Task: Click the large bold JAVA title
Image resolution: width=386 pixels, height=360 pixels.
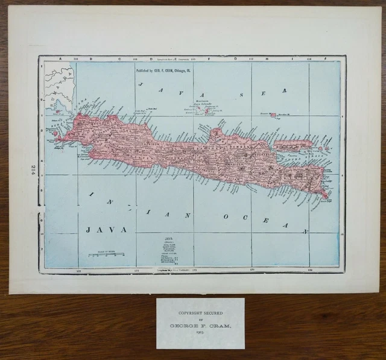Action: click(x=106, y=230)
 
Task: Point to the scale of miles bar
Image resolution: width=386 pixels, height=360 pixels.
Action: click(x=106, y=255)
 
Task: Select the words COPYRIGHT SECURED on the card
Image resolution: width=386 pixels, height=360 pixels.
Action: click(x=200, y=314)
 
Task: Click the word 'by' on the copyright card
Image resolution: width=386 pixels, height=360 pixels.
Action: click(x=200, y=320)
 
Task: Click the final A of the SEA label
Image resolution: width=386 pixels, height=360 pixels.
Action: click(x=282, y=90)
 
